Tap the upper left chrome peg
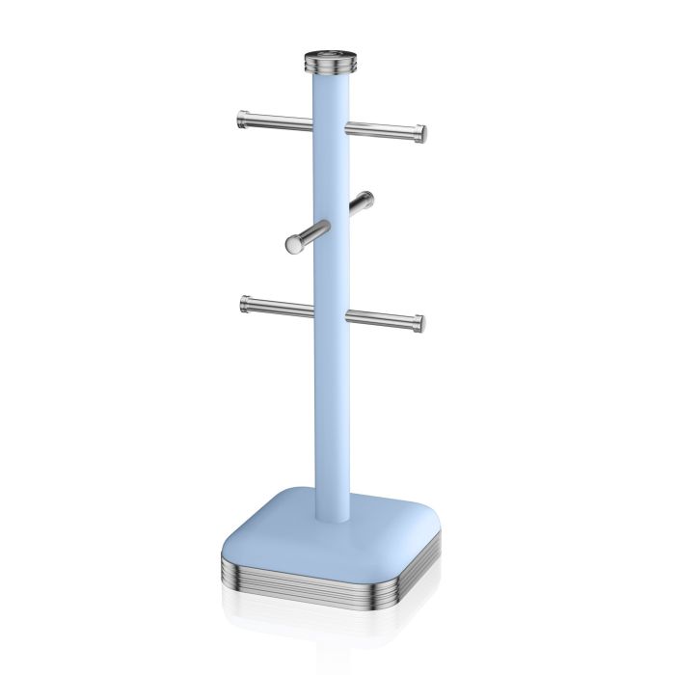[276, 121]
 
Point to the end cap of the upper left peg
[241, 119]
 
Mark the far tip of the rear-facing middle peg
[367, 198]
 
